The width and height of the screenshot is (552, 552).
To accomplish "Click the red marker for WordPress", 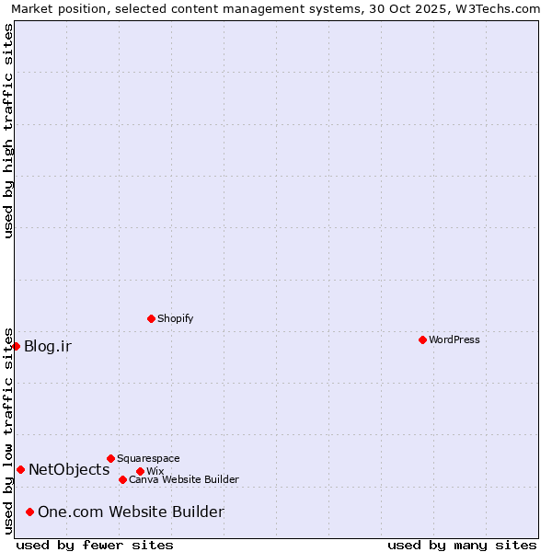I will (x=422, y=339).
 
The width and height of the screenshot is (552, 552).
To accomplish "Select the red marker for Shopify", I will (x=151, y=318).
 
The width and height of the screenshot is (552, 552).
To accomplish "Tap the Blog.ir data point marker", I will (x=17, y=346).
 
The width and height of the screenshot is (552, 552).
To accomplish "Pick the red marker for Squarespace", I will (x=110, y=458).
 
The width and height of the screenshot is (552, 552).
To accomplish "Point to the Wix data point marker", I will (x=140, y=471).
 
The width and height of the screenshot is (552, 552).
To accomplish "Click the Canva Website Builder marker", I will (x=122, y=479).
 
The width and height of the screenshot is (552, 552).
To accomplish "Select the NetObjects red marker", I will (x=20, y=469).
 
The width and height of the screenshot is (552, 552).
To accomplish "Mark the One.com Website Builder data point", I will (x=29, y=512).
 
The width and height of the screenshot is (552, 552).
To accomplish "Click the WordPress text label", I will (x=454, y=339).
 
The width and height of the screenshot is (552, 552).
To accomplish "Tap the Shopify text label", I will (x=175, y=318).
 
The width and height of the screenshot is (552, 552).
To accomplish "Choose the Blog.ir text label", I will (x=48, y=347).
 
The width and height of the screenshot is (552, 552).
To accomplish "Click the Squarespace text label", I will (x=148, y=458).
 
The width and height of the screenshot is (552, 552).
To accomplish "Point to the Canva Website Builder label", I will (x=184, y=479).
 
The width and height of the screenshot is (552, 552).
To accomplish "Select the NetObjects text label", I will (x=69, y=470).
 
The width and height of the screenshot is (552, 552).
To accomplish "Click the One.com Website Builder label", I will (x=131, y=512).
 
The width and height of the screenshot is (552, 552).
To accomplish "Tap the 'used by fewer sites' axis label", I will (x=95, y=545).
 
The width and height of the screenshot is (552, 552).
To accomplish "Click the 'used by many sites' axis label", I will (x=462, y=545).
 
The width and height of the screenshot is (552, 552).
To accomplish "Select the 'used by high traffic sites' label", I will (x=8, y=131).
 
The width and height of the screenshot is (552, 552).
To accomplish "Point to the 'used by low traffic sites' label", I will (x=8, y=430).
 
